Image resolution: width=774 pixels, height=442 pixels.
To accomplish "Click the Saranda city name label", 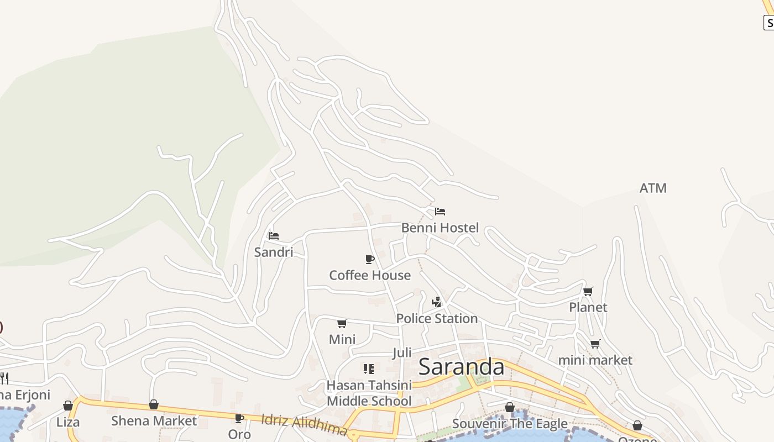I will (x=461, y=367).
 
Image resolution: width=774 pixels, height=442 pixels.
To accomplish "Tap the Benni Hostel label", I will (x=440, y=228).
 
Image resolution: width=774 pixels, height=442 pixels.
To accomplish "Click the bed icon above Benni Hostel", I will (x=440, y=211).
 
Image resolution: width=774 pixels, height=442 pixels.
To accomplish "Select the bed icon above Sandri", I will (x=273, y=235).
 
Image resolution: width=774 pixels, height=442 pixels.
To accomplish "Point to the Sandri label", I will (x=273, y=252).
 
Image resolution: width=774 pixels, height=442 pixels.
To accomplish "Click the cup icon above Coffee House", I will (x=370, y=259).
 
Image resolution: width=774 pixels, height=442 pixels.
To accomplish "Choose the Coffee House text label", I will (x=370, y=275).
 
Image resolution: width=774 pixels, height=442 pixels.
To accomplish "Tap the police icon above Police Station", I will (x=437, y=302).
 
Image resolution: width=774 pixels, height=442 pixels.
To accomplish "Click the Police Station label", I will (x=437, y=319).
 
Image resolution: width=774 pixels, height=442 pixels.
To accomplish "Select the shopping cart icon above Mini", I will (x=342, y=323).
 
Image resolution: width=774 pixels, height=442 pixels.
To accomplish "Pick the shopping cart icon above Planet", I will (x=588, y=291).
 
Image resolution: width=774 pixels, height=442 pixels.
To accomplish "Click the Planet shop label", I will (x=588, y=307).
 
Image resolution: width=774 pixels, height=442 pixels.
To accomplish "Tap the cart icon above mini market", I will (x=595, y=344).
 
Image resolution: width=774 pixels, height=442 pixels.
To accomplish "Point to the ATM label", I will (x=653, y=188).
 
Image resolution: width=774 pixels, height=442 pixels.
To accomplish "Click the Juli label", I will (x=402, y=353).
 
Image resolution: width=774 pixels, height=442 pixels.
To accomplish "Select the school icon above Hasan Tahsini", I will (x=369, y=369).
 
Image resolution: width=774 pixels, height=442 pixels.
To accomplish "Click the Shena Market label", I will (x=154, y=421).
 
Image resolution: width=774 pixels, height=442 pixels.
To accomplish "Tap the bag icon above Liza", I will (x=68, y=406).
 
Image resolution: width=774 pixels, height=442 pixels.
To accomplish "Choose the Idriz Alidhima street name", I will (x=304, y=425).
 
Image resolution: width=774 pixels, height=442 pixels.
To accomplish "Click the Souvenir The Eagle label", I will (x=510, y=424).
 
